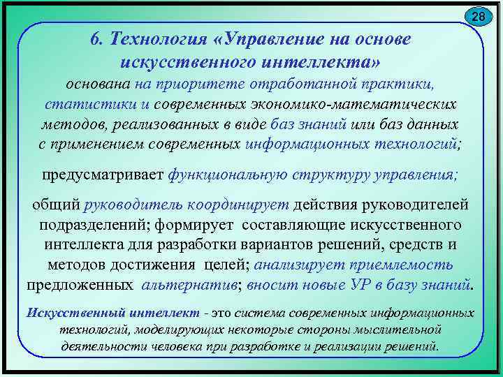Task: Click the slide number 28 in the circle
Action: (479, 15)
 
